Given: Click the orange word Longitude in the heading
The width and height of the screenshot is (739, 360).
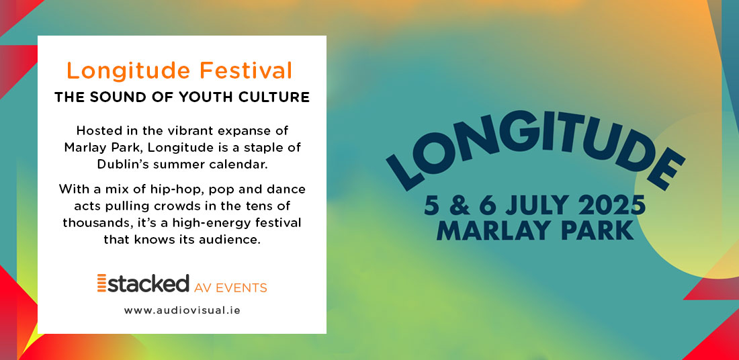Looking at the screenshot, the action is (129, 71).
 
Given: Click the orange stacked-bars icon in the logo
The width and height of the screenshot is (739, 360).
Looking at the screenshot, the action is (102, 283).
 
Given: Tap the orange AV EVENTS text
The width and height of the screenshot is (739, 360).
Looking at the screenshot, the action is (230, 287).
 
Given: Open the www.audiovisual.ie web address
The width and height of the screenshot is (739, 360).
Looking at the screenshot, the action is (182, 310).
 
